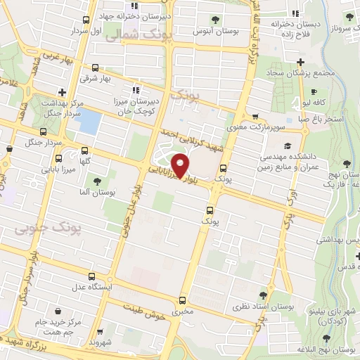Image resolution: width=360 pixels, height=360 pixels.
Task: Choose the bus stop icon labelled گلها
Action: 86,150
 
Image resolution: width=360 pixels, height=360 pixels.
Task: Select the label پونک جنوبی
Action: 48,229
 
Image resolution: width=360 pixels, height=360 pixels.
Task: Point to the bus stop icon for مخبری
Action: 182,297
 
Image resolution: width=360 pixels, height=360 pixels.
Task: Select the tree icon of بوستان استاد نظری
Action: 264,295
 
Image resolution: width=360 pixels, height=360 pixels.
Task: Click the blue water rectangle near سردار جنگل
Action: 88,121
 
